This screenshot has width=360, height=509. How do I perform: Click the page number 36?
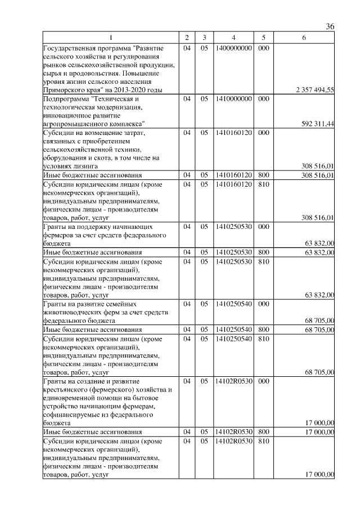point(330,27)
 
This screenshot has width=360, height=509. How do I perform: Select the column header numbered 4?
point(232,38)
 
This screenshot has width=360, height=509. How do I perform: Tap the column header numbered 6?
point(304,38)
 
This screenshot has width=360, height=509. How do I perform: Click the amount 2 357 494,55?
point(315,90)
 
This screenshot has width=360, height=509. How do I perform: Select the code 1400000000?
point(233,49)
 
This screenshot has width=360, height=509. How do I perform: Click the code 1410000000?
point(233,99)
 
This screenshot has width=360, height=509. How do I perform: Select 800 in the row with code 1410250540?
point(263,329)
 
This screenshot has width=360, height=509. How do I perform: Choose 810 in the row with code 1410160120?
point(263,183)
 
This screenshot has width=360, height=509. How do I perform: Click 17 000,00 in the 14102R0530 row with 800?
point(319,431)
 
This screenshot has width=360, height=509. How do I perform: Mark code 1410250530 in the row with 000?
point(233,226)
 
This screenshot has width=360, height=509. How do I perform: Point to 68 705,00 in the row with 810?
point(319,372)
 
